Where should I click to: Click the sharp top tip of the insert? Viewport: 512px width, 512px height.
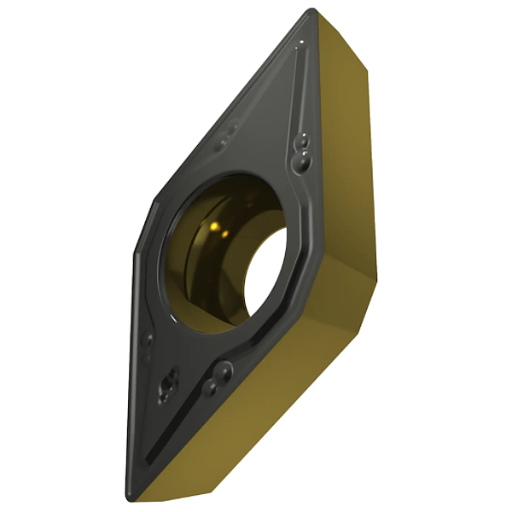click(312, 11)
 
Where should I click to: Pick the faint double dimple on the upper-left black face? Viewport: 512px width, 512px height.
click(229, 131)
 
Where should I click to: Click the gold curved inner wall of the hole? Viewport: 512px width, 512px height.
click(201, 256)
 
